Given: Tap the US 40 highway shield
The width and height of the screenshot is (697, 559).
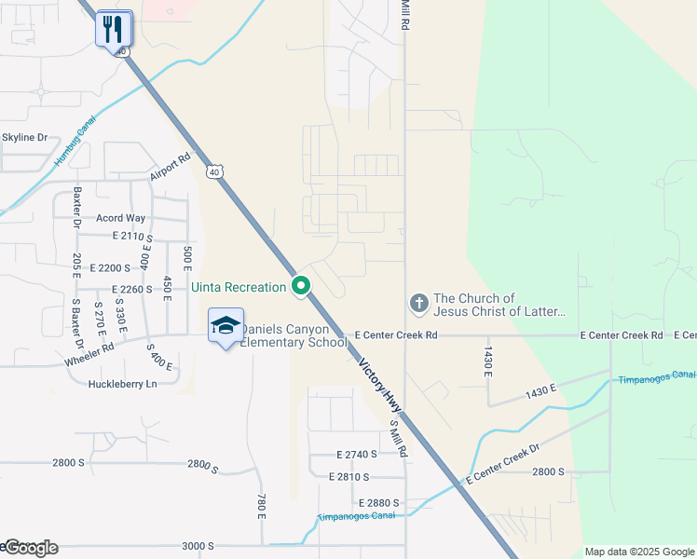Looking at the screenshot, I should (215, 171).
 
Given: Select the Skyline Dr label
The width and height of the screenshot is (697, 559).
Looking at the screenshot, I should (24, 138).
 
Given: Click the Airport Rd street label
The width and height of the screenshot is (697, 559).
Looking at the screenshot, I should (170, 168).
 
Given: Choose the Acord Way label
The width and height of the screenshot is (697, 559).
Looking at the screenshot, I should (121, 218).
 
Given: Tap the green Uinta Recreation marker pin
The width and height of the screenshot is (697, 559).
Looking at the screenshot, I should (300, 286).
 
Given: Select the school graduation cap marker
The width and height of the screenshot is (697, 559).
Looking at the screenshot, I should (225, 326).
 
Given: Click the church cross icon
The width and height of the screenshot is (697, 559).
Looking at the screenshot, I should (419, 303).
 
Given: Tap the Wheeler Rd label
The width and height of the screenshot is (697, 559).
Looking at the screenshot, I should (89, 352).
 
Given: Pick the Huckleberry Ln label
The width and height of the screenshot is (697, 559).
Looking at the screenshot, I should (122, 384).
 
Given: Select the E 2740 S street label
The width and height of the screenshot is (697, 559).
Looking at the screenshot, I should (357, 455).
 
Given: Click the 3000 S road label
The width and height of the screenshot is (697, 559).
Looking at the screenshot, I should (198, 546).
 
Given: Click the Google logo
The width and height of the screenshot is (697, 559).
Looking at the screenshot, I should (30, 548).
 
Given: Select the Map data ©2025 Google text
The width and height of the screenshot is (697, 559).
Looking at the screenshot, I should (638, 552).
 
